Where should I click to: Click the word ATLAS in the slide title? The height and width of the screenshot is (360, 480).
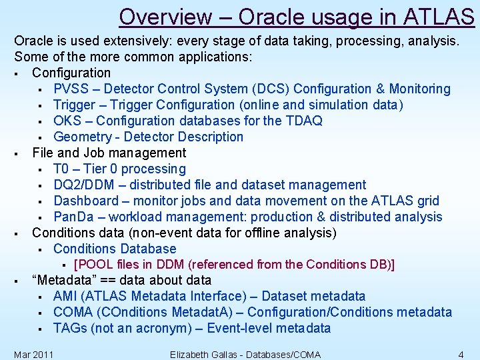440,15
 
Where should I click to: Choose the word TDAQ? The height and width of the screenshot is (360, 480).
303,121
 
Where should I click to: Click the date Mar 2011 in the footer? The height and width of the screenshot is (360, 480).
33,354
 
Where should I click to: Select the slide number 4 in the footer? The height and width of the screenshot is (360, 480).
461,354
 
